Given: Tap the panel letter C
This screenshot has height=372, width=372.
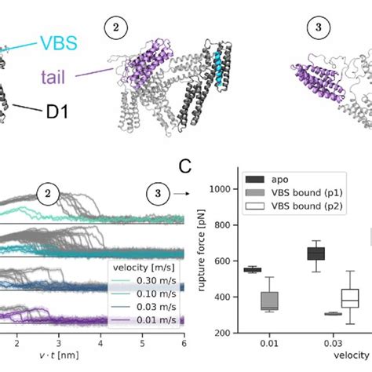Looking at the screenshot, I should point(184,166).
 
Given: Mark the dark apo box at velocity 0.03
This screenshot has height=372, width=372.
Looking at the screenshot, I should point(294,253).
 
